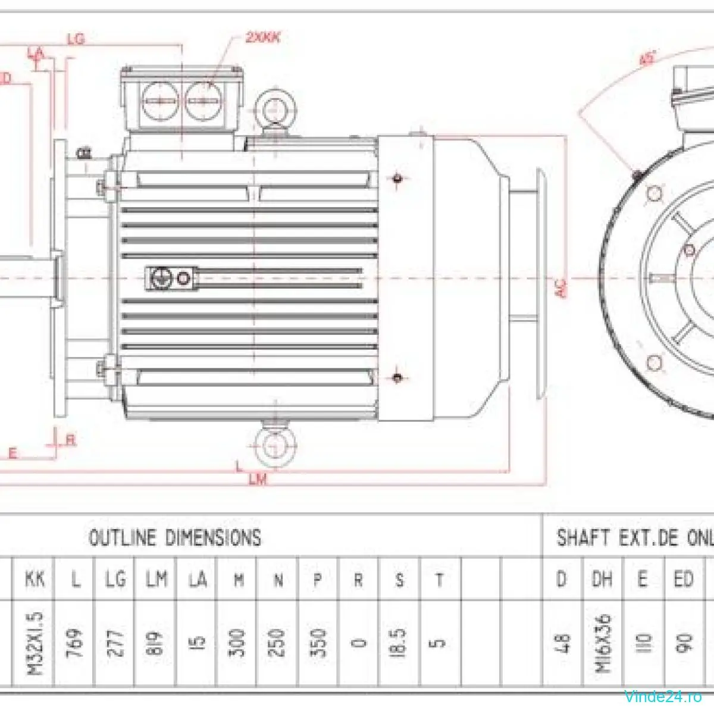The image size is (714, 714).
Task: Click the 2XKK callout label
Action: (262, 37)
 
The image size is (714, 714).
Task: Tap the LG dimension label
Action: (76, 40)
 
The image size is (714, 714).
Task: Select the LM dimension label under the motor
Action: (258, 480)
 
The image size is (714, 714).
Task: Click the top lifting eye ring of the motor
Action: (274, 108)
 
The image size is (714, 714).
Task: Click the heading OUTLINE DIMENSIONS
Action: (174, 537)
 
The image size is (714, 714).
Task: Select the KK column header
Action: (35, 578)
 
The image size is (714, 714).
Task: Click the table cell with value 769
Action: (76, 643)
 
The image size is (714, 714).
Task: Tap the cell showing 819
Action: (156, 643)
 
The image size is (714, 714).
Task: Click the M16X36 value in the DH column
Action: (602, 643)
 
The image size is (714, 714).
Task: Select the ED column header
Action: (683, 578)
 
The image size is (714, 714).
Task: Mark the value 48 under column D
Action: (562, 643)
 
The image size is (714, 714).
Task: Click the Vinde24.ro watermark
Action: (663, 696)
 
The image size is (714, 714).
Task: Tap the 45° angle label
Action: (647, 58)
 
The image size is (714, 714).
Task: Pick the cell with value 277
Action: (116, 643)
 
